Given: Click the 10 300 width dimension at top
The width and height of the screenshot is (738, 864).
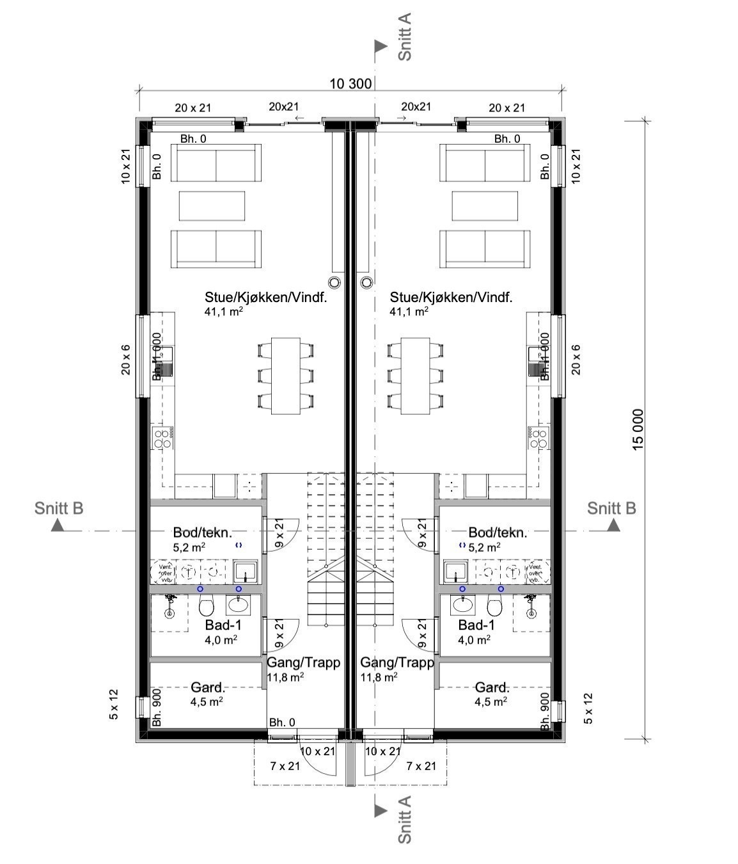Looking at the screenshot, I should click(x=350, y=83).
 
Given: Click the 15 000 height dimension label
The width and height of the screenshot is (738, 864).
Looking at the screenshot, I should click(x=638, y=429).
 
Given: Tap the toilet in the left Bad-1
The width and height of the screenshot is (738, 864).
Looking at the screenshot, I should click(x=206, y=605).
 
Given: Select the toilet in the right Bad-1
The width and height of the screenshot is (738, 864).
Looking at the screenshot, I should click(x=494, y=605).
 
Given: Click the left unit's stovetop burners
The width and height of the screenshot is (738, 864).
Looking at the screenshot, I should click(x=162, y=438).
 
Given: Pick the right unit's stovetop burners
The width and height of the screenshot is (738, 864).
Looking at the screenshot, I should click(x=538, y=438).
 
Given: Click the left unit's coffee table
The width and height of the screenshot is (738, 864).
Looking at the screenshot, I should click(x=212, y=205).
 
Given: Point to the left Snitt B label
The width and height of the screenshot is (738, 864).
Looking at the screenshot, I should click(x=59, y=508).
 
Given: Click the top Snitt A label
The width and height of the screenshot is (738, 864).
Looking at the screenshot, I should click(x=405, y=36).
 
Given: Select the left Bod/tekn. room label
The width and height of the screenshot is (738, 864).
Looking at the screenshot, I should click(x=202, y=532).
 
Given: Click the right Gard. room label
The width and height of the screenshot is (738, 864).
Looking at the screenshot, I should click(x=492, y=687).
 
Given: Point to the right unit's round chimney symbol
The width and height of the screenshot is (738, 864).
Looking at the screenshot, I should click(x=366, y=282).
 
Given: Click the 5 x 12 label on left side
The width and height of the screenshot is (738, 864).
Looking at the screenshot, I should click(x=114, y=705).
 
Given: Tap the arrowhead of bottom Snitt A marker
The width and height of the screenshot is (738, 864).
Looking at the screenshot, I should click(x=381, y=810).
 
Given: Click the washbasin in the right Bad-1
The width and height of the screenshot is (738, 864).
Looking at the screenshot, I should click(x=460, y=604).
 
